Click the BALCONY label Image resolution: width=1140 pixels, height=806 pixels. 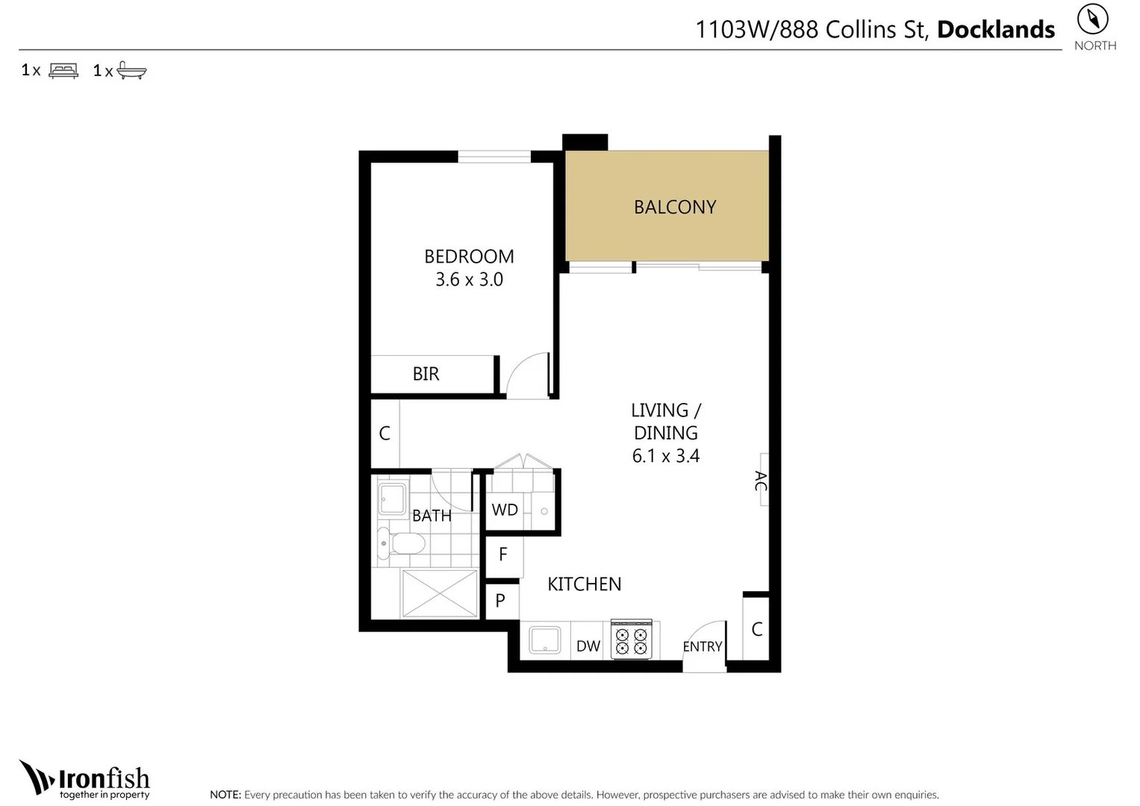coord(674,207)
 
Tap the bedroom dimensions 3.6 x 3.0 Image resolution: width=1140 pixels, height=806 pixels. coord(469,280)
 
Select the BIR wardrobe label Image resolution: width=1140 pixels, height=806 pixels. coord(426,374)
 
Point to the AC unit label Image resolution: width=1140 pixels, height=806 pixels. coord(761,481)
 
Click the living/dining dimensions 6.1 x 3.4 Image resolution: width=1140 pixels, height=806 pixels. coord(665,456)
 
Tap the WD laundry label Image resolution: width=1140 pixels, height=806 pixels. coord(505,510)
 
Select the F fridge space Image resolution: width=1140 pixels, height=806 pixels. coord(502,554)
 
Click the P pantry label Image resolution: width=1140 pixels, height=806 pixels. coord(500,601)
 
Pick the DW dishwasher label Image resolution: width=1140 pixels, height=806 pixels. coord(588,646)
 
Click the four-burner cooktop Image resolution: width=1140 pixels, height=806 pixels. coord(632,640)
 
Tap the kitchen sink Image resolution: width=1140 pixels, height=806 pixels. coord(545,640)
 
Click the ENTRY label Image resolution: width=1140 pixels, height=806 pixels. coord(702,647)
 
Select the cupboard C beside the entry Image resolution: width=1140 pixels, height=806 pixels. coord(756,629)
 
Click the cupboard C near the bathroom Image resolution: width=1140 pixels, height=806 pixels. coord(384,434)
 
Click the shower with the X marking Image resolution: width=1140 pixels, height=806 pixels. coord(440,594)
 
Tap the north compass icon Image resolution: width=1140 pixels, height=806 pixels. coord(1092,19)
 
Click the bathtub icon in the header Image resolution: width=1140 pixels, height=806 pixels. coord(132,71)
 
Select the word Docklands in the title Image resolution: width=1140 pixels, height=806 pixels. coord(995,30)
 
